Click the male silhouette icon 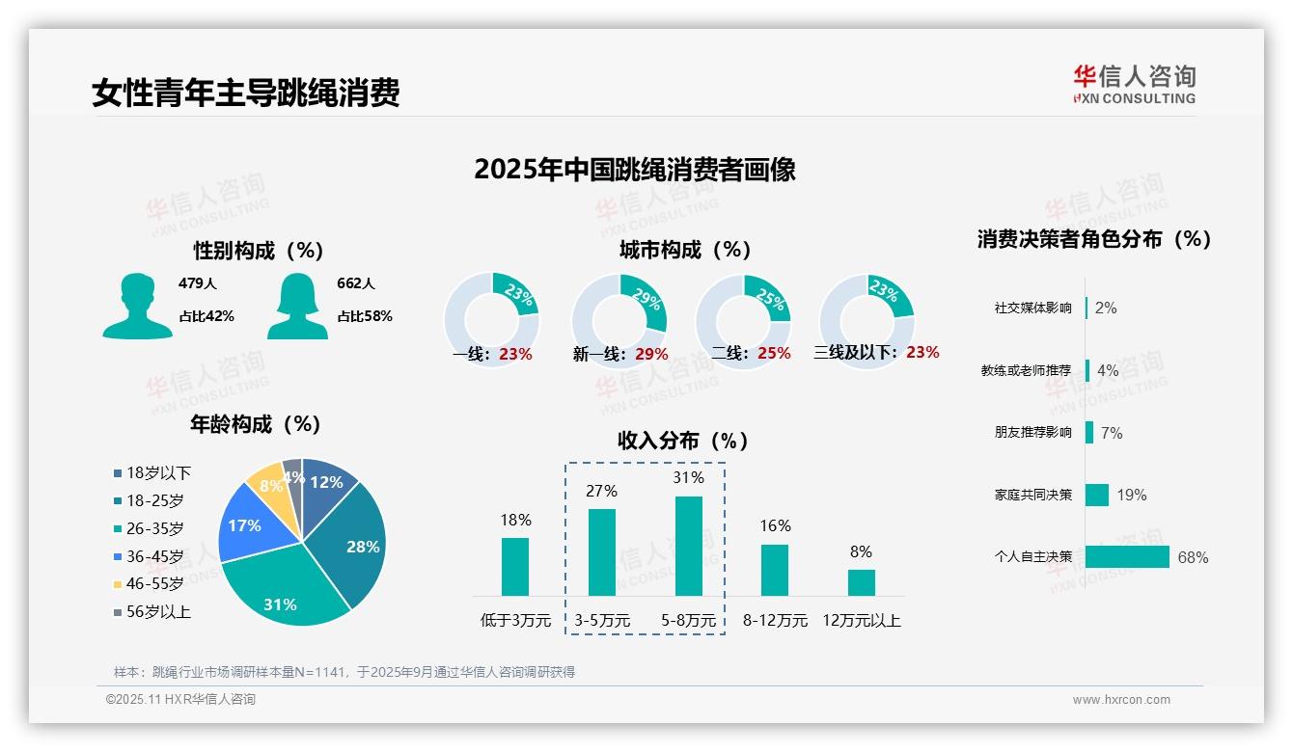coord(137,306)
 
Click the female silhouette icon coord(297,306)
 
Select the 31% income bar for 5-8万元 coord(689,546)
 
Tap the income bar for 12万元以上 coord(861,582)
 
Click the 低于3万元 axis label coord(515,621)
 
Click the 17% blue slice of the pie coord(249,525)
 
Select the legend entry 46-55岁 coord(154,584)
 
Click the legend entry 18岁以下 coord(158,473)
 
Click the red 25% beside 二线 coord(774,354)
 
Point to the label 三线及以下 coord(855,353)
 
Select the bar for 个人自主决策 coord(1127,556)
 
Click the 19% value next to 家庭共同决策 coord(1131,496)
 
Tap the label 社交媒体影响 coord(1032,309)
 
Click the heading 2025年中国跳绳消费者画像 coord(634,170)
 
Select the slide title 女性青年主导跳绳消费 coord(246,93)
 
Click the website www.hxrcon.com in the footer coord(1121,700)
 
